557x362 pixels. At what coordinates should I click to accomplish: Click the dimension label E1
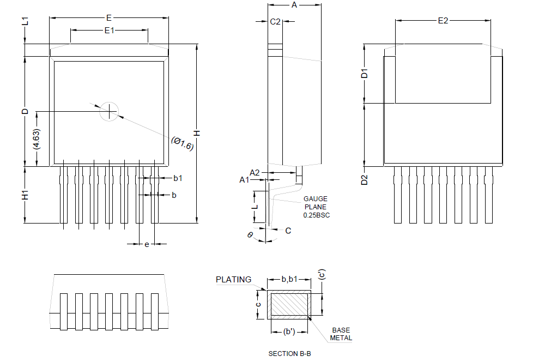pos(109,31)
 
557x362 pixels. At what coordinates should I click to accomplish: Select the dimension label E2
pos(443,21)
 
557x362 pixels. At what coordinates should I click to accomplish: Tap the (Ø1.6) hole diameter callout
pos(183,143)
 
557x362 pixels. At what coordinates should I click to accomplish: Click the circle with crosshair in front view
pos(109,111)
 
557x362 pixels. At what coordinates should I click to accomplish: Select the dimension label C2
pos(275,22)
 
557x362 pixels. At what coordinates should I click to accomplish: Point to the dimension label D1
pos(365,73)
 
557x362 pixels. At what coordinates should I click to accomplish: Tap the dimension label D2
pos(365,179)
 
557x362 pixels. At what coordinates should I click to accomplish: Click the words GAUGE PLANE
pos(316,203)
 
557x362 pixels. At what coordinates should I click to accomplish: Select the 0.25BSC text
pos(316,215)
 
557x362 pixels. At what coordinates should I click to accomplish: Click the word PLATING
pos(234,279)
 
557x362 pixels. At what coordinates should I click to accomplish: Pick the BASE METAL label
pos(341,334)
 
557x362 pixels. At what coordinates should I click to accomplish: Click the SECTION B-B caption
pos(289,353)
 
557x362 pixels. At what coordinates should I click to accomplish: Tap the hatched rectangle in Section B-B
pos(289,305)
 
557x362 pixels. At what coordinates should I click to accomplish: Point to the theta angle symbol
pos(250,234)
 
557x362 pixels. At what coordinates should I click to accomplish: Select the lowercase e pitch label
pos(147,244)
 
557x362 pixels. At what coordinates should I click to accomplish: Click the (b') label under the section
pos(289,331)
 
